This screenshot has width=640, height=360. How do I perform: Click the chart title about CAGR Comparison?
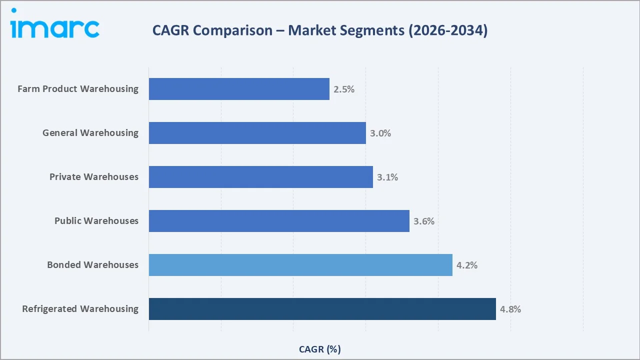[320, 30]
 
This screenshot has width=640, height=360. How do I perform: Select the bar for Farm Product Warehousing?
[239, 89]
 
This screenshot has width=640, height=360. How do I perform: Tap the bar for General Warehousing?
[257, 133]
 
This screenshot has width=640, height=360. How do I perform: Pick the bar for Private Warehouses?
[260, 177]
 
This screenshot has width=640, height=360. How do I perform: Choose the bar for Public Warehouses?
[279, 221]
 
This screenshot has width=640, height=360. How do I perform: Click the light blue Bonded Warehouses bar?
[300, 265]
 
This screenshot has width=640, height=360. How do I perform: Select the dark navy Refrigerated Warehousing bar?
[322, 309]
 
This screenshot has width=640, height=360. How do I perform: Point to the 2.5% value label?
[344, 89]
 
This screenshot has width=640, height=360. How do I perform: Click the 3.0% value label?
[380, 133]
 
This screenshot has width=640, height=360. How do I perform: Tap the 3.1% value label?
[387, 177]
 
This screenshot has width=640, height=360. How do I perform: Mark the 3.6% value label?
[424, 221]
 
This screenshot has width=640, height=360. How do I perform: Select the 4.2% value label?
[467, 265]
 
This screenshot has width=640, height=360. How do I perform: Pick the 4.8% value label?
[510, 309]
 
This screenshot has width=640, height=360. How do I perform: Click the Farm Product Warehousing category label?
[78, 89]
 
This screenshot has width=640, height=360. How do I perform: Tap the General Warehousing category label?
[90, 133]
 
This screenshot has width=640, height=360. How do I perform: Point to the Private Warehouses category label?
[94, 177]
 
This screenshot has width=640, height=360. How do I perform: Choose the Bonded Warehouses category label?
[92, 265]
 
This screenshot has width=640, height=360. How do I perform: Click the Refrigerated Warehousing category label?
[80, 309]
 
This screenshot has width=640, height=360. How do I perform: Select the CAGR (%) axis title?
[320, 349]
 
